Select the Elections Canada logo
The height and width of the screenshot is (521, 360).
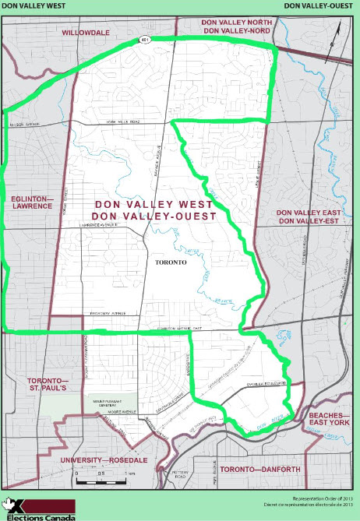tap(39, 509)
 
